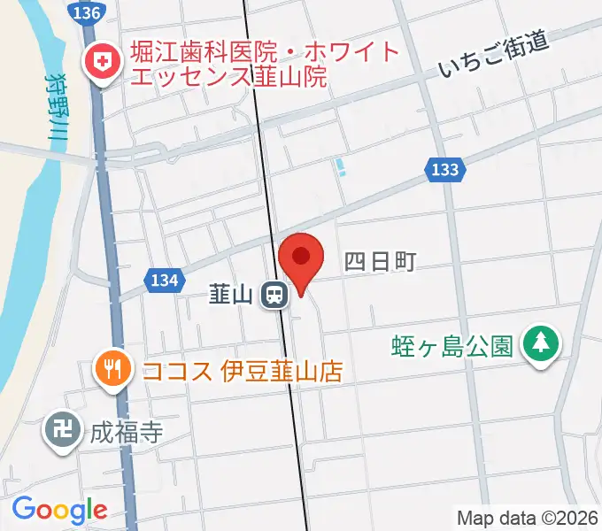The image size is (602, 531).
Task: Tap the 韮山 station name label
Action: point(231,294)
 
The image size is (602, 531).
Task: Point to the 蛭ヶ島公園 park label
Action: point(451,344)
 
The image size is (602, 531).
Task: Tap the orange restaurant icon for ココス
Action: point(112,367)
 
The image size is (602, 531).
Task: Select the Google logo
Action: point(59,510)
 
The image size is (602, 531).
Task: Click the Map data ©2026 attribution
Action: point(528,518)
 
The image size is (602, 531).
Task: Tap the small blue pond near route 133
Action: point(341,166)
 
